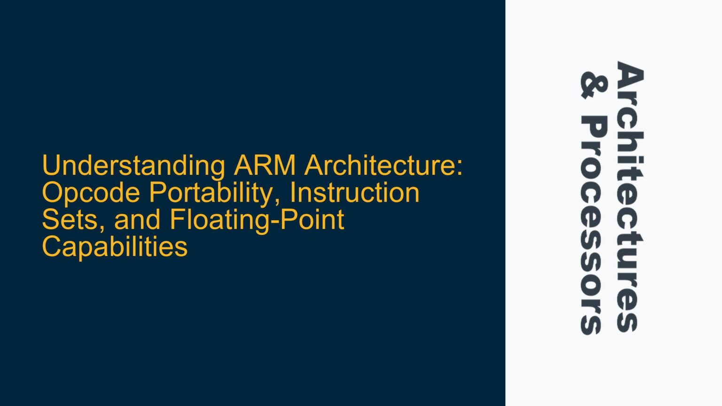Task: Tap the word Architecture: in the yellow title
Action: (384, 166)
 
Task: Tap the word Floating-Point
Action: (257, 220)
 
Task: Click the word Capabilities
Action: (115, 247)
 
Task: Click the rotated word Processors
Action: (594, 226)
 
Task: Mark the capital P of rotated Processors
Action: (594, 128)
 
